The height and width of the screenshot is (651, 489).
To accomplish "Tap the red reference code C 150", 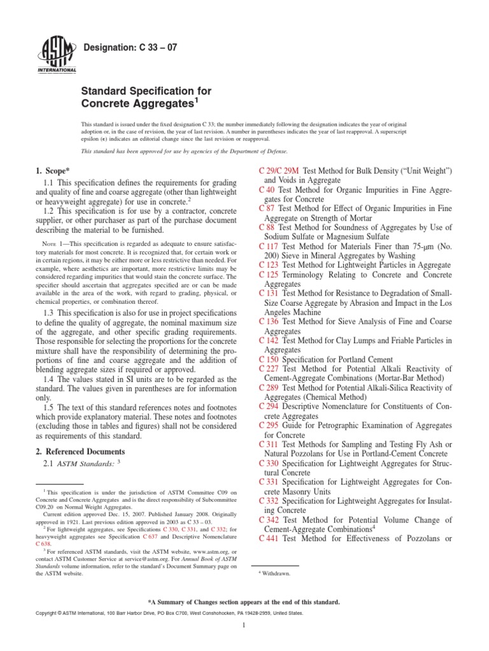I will [269, 359].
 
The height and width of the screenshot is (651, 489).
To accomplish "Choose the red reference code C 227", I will [269, 369].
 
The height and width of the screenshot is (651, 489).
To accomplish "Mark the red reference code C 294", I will [269, 405].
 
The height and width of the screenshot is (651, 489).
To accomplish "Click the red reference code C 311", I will [269, 443].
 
